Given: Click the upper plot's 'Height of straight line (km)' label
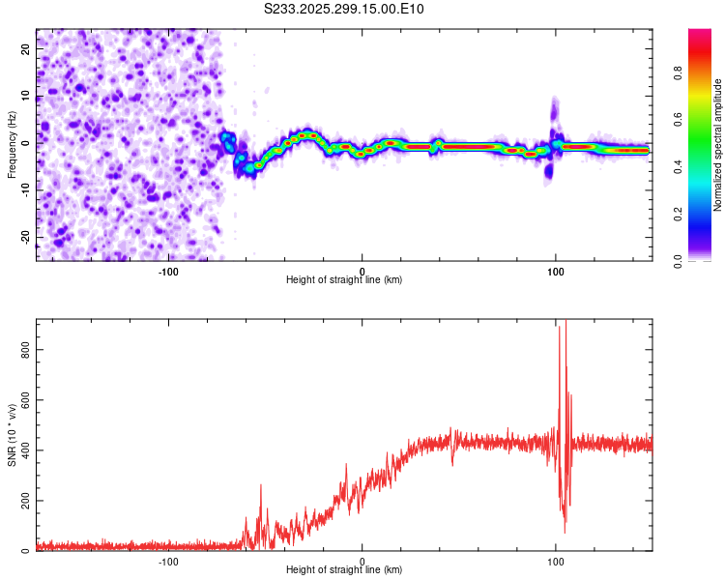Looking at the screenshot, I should (x=344, y=279).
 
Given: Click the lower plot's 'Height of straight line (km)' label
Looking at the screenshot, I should (x=344, y=569).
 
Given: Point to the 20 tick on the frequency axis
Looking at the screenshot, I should (x=25, y=47).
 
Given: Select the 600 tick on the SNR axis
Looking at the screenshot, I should (x=22, y=399).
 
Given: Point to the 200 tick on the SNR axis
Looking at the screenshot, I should (x=22, y=501).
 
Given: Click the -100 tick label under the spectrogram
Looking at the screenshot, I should (x=168, y=270).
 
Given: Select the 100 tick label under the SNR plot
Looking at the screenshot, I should (x=555, y=560).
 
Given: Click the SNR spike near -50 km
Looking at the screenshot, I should (x=260, y=486).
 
